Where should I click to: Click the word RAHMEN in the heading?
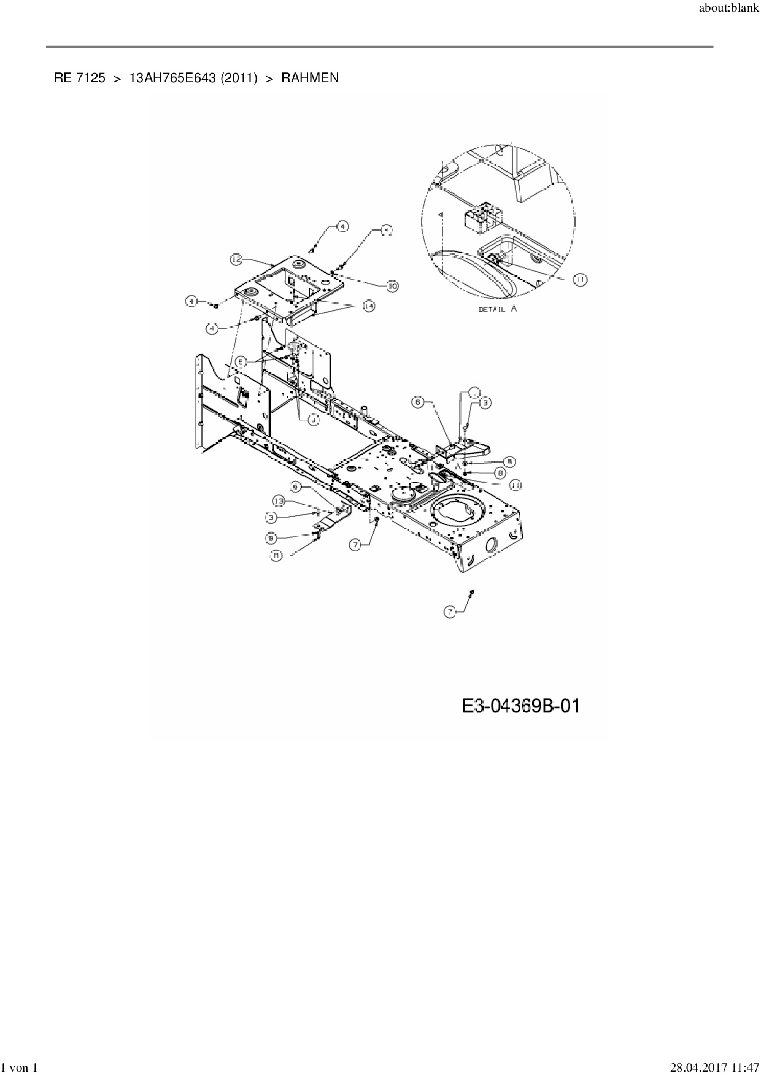[310, 78]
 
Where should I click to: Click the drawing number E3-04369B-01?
[520, 706]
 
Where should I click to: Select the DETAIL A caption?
[497, 309]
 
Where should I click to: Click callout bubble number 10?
[392, 285]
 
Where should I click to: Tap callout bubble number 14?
[368, 306]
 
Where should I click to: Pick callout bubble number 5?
[242, 362]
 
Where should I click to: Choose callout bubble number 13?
[279, 501]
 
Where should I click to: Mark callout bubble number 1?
[474, 391]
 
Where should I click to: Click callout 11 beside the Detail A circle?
[579, 280]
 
